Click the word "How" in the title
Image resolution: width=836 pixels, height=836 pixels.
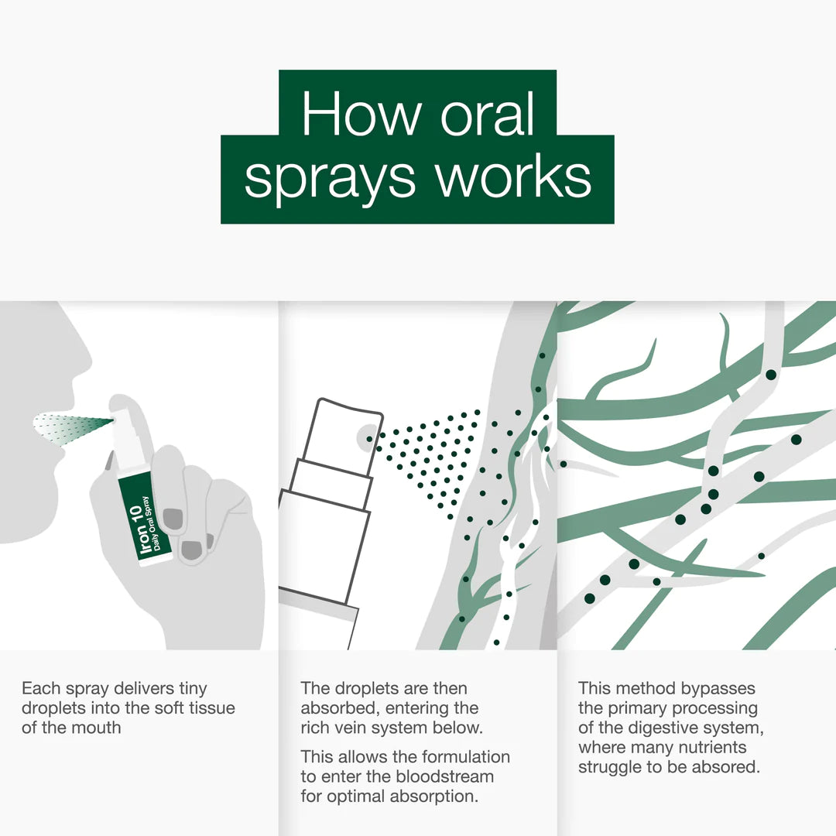[361, 114]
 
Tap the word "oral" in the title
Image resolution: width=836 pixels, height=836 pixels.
[487, 114]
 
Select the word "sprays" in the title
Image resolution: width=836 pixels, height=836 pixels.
[330, 179]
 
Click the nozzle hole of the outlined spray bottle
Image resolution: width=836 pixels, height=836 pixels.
[369, 439]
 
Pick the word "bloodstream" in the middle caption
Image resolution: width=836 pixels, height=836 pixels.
[446, 776]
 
